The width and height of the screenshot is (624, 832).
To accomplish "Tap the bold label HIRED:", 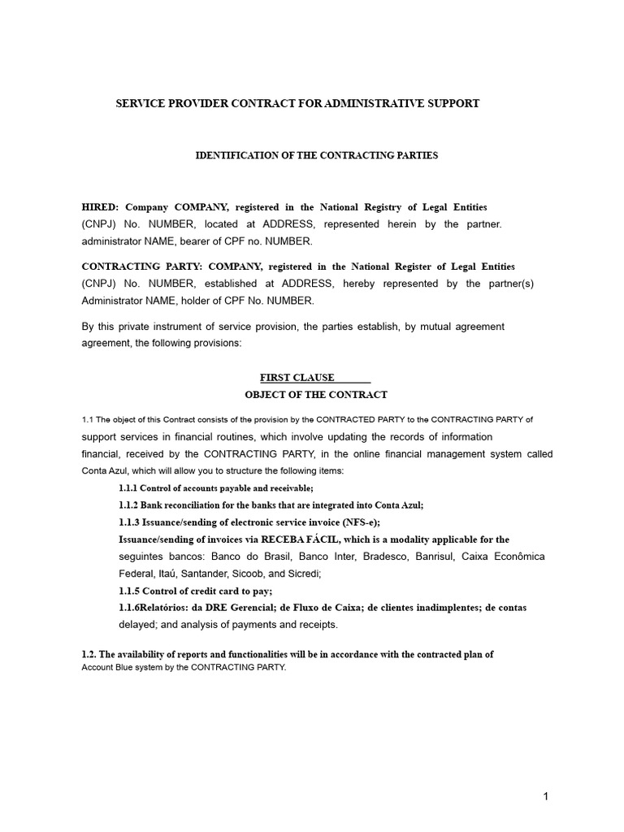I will [x=101, y=208].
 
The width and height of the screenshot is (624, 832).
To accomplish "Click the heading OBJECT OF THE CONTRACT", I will [x=316, y=395].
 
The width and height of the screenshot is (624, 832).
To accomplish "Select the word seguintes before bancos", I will [x=143, y=557].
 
